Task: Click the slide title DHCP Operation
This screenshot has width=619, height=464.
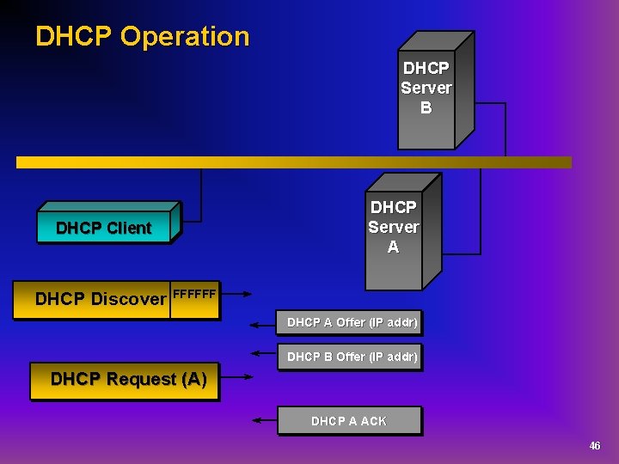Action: click(142, 36)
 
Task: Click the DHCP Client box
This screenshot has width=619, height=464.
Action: click(103, 228)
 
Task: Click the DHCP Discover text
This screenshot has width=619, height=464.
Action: click(100, 299)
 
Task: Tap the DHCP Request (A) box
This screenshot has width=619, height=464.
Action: click(127, 379)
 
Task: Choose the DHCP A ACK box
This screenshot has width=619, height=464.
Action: click(349, 421)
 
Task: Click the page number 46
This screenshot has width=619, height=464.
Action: click(594, 445)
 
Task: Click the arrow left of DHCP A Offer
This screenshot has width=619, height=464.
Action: click(263, 325)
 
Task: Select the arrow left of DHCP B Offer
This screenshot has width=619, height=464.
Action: click(263, 353)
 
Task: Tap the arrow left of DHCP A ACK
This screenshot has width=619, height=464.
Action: click(263, 419)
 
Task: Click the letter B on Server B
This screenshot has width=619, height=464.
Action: click(426, 108)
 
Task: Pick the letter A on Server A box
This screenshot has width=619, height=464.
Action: click(394, 247)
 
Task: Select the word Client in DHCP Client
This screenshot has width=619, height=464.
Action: click(129, 228)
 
